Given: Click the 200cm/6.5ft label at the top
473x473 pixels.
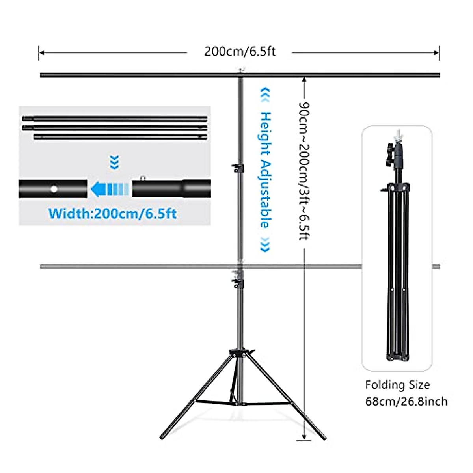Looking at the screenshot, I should pos(239,52).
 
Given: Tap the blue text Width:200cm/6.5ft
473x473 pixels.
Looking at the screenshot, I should pos(112,214).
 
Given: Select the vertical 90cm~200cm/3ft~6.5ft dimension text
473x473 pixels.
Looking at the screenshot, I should pos(304,171).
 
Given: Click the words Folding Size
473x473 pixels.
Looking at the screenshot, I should pos(397,385).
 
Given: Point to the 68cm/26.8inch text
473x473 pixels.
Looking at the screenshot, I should pos(406,402).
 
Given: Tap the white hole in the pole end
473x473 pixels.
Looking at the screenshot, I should pos(54,189).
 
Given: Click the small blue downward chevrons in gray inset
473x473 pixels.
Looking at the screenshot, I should pos(114,162).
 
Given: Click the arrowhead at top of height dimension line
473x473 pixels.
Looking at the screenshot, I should pos(304,79).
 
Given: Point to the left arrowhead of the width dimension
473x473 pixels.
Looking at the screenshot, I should pos(41,52).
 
